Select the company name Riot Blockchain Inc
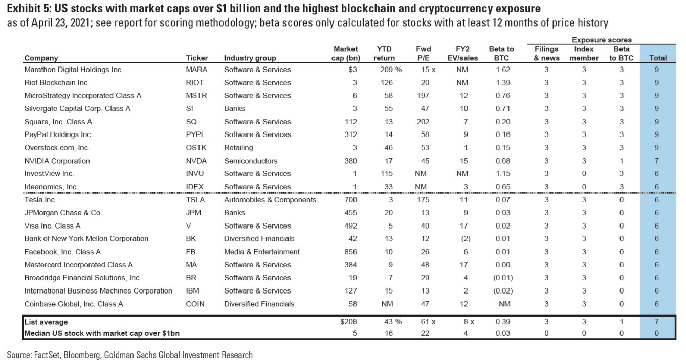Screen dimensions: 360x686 (x=56, y=83)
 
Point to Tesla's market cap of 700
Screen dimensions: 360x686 (x=350, y=200)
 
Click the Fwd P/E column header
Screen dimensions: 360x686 (x=424, y=53)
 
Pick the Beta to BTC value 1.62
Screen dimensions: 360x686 (x=502, y=70)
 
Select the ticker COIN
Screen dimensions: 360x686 (x=195, y=304)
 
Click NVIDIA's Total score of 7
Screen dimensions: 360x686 (x=656, y=161)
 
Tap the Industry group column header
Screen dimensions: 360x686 (x=250, y=58)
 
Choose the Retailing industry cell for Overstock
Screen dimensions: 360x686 (x=238, y=148)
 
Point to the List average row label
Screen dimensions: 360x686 (x=46, y=322)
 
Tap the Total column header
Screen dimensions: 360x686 (x=656, y=58)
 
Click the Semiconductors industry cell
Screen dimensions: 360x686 (x=251, y=161)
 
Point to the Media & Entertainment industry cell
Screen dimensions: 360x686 (x=262, y=252)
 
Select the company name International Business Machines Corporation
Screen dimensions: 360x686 (x=98, y=291)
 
